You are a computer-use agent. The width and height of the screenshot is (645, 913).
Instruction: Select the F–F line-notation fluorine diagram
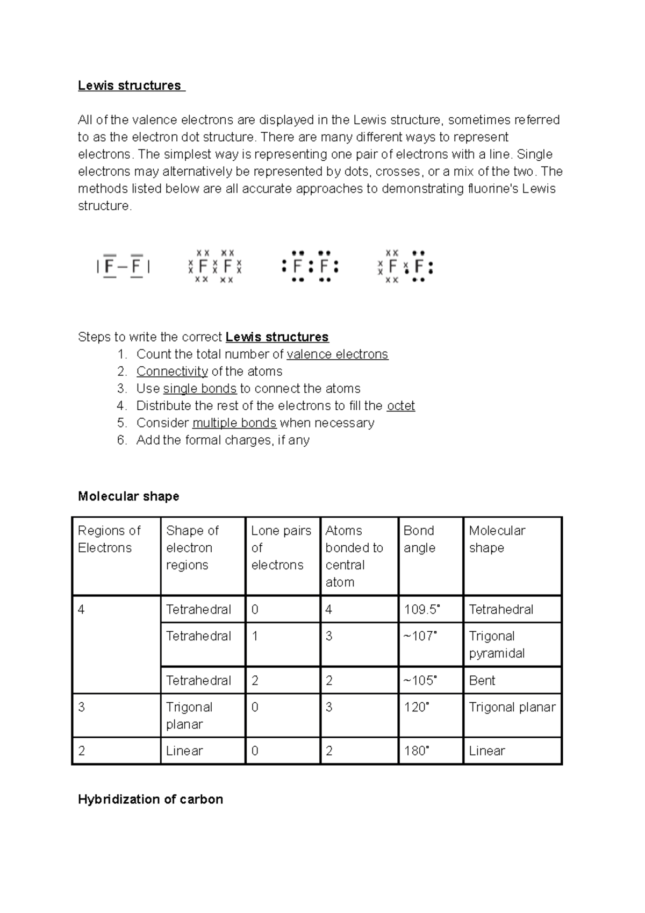pyautogui.click(x=123, y=266)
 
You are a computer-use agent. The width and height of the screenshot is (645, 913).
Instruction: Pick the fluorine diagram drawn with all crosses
pyautogui.click(x=215, y=266)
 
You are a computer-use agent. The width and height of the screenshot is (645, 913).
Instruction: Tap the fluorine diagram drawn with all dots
pyautogui.click(x=310, y=266)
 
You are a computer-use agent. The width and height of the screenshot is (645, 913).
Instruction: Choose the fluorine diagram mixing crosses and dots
pyautogui.click(x=405, y=266)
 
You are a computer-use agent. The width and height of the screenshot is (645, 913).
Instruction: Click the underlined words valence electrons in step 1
pyautogui.click(x=337, y=354)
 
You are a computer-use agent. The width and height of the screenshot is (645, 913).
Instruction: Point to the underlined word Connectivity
pyautogui.click(x=172, y=372)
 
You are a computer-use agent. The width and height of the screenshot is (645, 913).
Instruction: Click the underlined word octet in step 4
pyautogui.click(x=400, y=406)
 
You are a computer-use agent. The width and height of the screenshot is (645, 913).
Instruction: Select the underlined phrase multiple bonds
pyautogui.click(x=234, y=423)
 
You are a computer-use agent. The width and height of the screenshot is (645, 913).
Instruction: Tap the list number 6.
pyautogui.click(x=122, y=440)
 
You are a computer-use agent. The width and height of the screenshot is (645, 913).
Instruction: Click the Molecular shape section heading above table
pyautogui.click(x=128, y=496)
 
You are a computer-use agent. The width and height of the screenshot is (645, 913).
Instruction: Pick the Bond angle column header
pyautogui.click(x=419, y=539)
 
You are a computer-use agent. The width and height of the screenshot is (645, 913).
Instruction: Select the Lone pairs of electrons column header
pyautogui.click(x=281, y=547)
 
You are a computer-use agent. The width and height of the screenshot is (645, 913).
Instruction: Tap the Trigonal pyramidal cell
pyautogui.click(x=497, y=645)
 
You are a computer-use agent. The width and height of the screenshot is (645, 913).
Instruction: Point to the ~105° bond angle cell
pyautogui.click(x=420, y=681)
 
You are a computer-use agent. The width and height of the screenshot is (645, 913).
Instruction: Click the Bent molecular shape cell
pyautogui.click(x=482, y=681)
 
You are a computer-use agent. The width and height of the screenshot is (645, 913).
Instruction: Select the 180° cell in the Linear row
pyautogui.click(x=417, y=751)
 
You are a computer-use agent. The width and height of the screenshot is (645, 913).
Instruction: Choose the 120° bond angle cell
pyautogui.click(x=417, y=707)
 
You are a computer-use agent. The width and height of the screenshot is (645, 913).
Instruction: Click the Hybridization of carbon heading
pyautogui.click(x=150, y=800)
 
